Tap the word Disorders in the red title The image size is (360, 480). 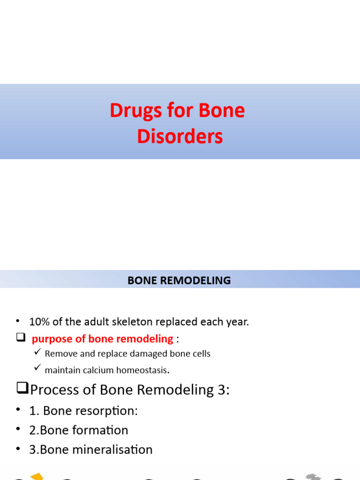[x=180, y=136]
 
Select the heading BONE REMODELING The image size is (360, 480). [x=180, y=280]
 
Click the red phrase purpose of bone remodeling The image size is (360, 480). [x=102, y=338]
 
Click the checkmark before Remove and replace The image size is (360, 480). [x=37, y=352]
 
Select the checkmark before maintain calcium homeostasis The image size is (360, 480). [x=37, y=369]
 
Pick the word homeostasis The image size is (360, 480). [x=144, y=370]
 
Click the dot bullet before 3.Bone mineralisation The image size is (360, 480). [x=18, y=449]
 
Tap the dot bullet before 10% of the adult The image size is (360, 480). [x=18, y=321]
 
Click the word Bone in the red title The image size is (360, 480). [x=222, y=111]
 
